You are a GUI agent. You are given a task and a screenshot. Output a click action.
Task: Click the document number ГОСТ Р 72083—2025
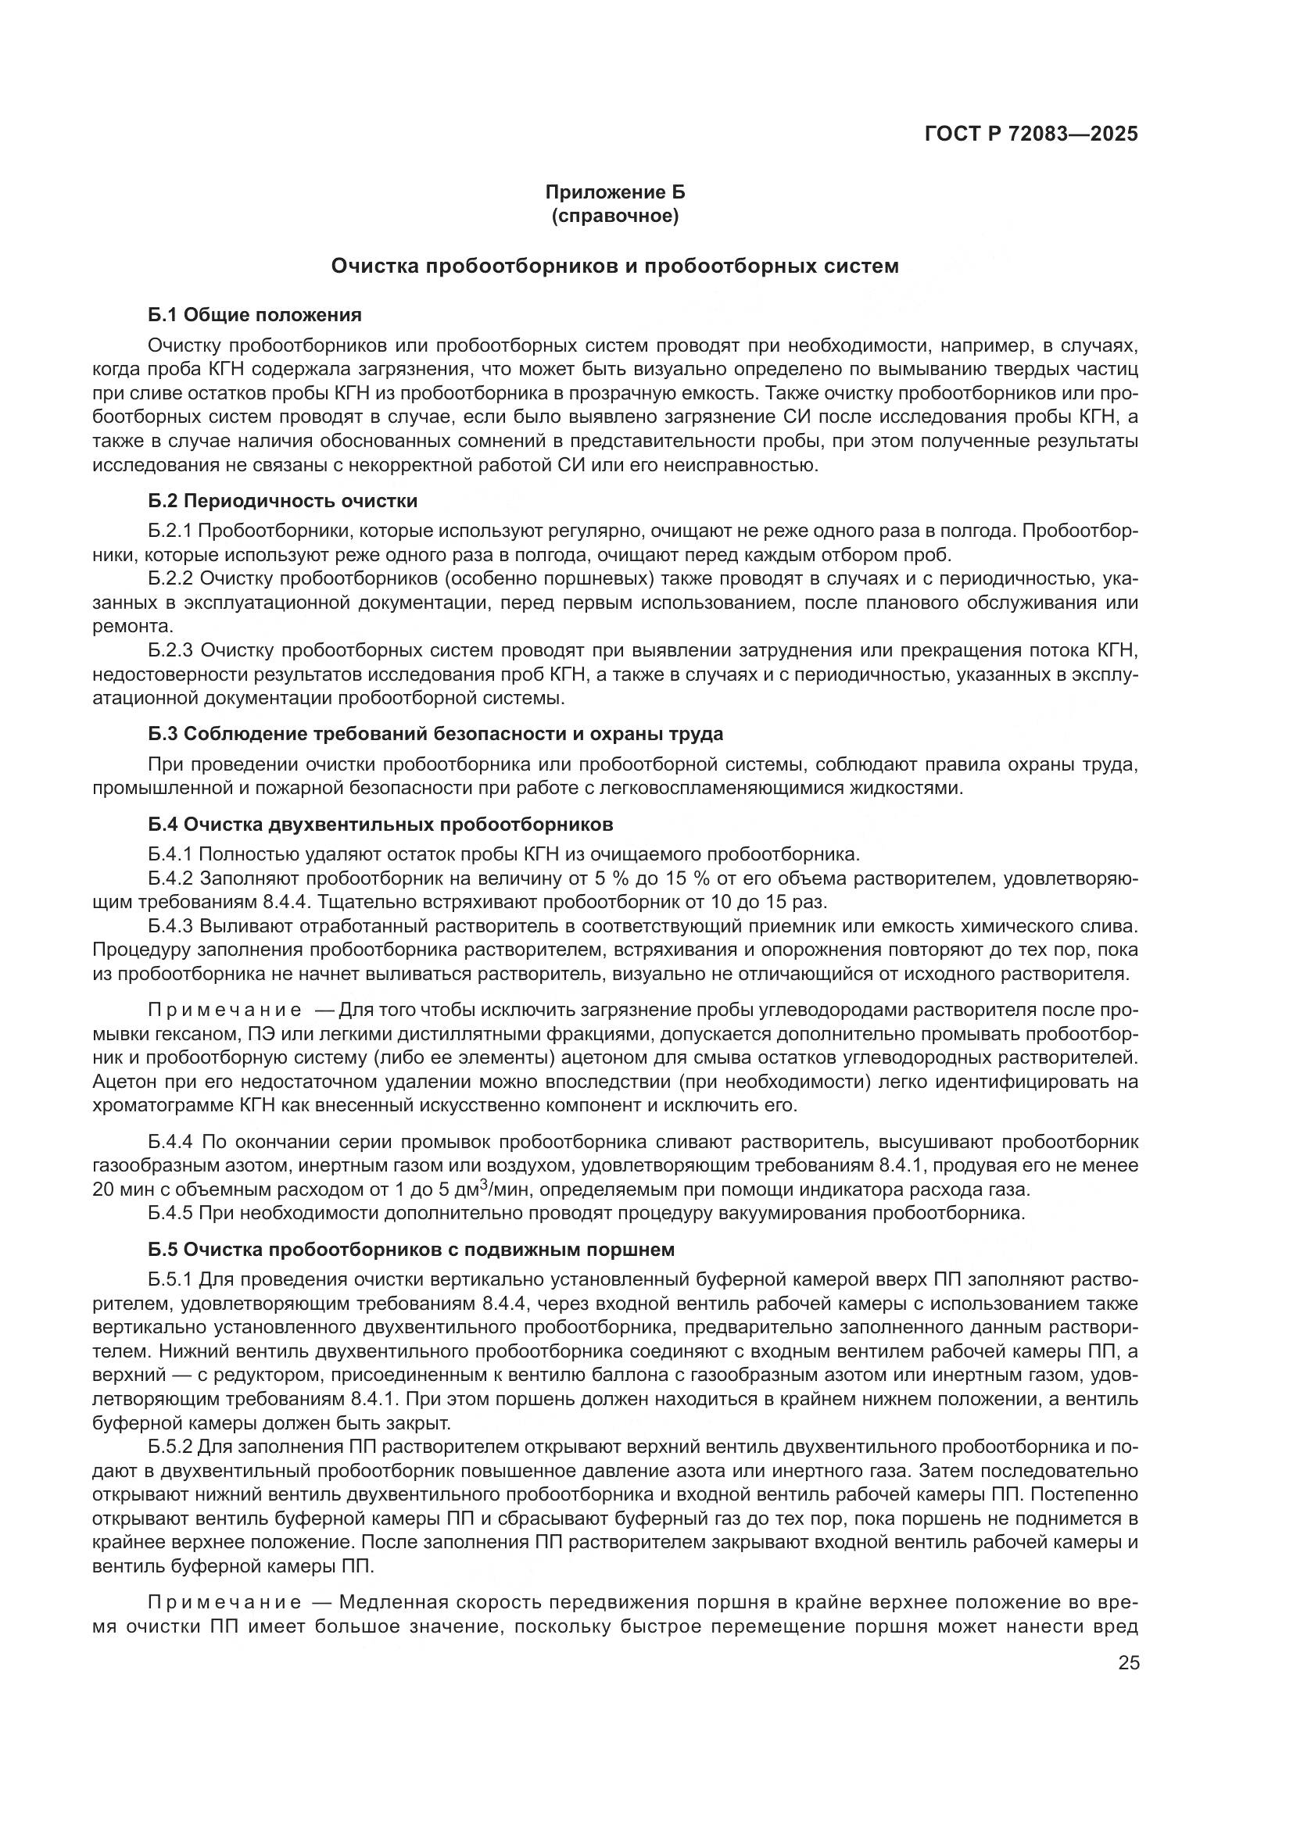point(1031,134)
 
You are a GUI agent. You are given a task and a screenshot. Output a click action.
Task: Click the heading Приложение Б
point(614,192)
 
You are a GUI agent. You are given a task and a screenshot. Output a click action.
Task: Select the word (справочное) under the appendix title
point(614,216)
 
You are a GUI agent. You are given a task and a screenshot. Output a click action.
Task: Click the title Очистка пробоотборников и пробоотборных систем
point(614,266)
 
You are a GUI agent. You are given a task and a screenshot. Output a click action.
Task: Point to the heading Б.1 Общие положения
point(255,315)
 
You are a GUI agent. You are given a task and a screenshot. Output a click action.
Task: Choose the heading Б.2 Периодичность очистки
point(283,501)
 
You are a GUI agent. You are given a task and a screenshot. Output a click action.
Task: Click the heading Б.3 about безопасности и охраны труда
point(435,733)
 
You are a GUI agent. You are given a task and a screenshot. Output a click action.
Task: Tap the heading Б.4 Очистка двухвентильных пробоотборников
point(381,823)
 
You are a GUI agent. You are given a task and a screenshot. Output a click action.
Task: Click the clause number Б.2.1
point(170,530)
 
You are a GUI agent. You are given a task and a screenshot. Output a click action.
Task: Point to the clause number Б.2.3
point(170,650)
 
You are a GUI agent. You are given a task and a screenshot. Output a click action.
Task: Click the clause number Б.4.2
point(170,878)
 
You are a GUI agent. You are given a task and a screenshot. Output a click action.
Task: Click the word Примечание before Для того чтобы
point(225,1011)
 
